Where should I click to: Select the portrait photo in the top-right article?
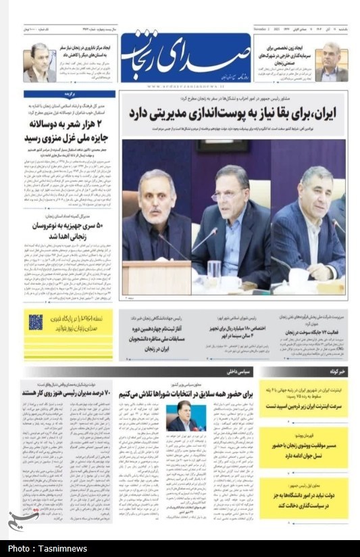[x=331, y=62]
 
